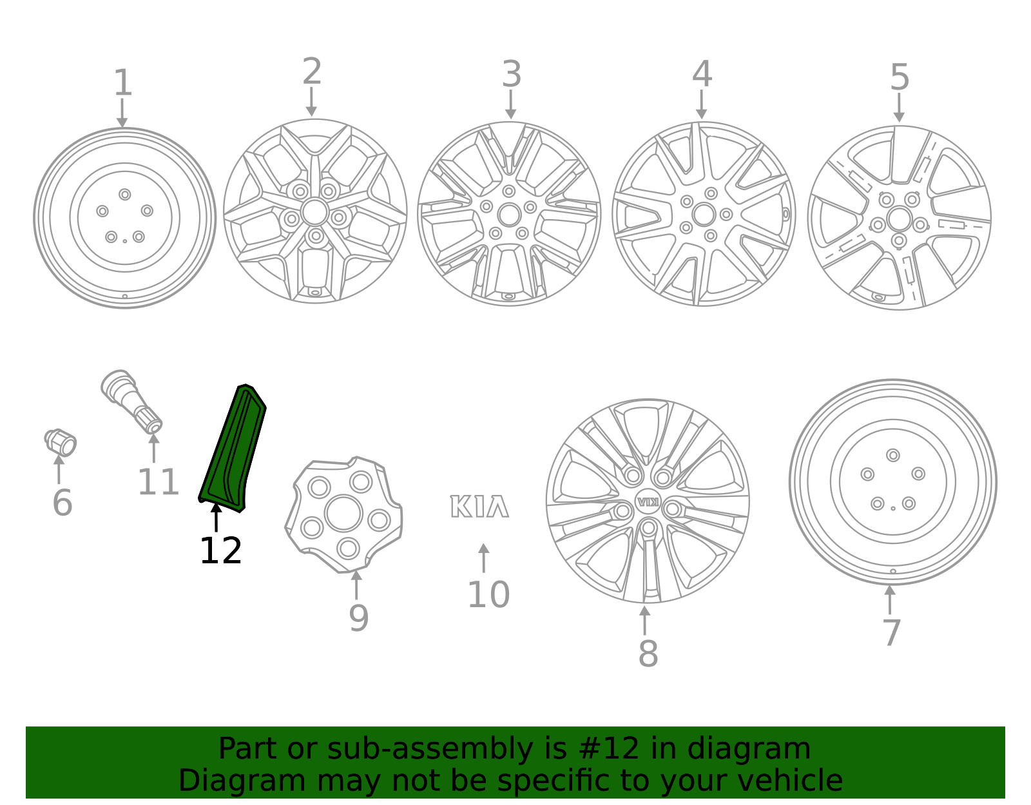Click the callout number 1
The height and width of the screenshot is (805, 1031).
pyautogui.click(x=122, y=83)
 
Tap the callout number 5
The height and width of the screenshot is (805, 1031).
pyautogui.click(x=899, y=77)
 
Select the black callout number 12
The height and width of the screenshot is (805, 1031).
pyautogui.click(x=220, y=551)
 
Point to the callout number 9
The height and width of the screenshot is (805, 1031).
pyautogui.click(x=358, y=618)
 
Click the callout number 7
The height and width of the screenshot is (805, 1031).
pyautogui.click(x=891, y=633)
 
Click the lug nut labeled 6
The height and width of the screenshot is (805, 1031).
pyautogui.click(x=61, y=442)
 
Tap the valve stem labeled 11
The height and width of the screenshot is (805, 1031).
pyautogui.click(x=131, y=400)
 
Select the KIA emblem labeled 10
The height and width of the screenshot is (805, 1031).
pyautogui.click(x=479, y=507)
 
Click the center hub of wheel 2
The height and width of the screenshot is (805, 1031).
pyautogui.click(x=314, y=211)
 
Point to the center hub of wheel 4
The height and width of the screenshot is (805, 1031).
pyautogui.click(x=704, y=215)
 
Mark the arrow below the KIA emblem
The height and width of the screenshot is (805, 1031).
pyautogui.click(x=483, y=558)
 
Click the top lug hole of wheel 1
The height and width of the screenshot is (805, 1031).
pyautogui.click(x=125, y=195)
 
